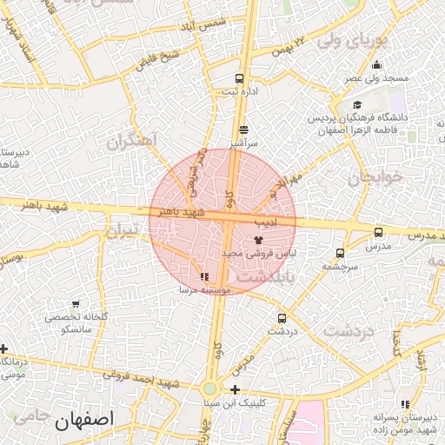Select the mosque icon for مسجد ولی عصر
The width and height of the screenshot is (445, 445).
click(376, 64)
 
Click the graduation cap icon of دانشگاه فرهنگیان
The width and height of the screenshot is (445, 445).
click(357, 105)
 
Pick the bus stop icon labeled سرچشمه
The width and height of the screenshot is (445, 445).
click(339, 253)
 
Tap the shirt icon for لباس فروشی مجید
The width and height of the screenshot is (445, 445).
click(258, 238)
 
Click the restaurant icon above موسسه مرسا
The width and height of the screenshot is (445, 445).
click(203, 277)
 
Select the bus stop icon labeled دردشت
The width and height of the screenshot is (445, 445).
click(281, 318)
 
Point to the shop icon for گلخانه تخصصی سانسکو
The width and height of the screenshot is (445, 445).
click(76, 305)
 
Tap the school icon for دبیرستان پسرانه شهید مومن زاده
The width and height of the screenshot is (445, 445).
click(405, 404)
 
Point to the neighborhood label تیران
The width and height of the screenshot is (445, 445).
click(122, 231)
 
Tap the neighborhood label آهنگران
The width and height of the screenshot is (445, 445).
click(131, 141)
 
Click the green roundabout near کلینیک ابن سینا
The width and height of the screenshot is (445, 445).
click(210, 389)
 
